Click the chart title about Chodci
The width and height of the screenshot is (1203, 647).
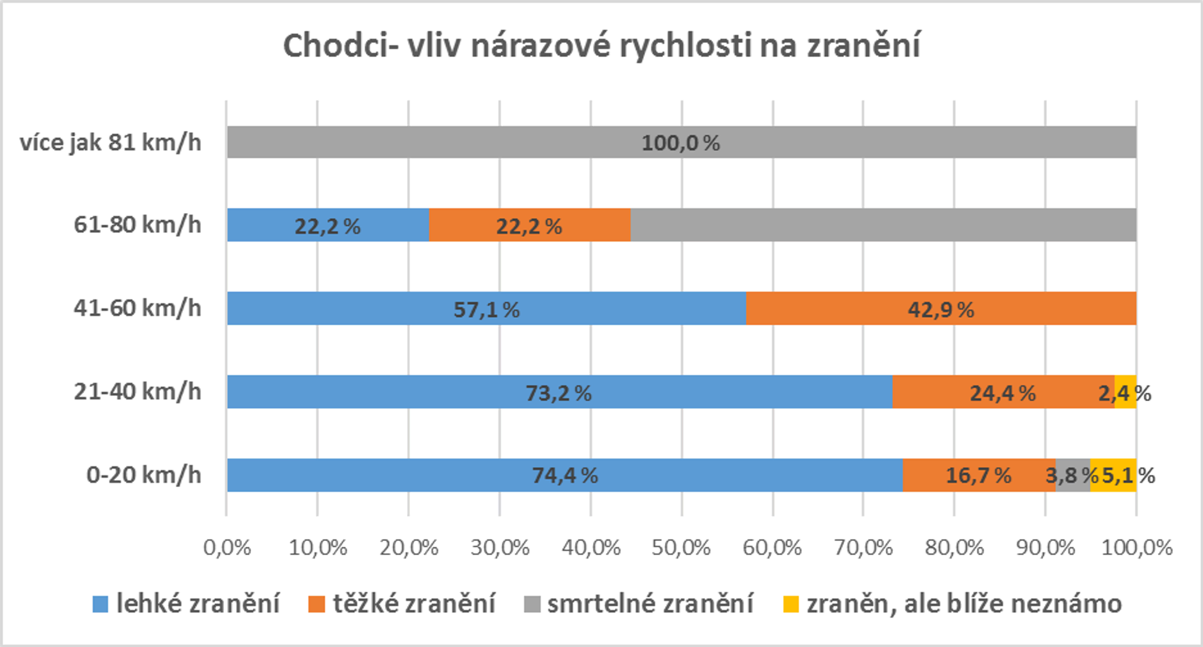[x=601, y=46]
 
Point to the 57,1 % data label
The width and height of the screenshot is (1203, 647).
[x=486, y=310]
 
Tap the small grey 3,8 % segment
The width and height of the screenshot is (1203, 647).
[x=1073, y=475]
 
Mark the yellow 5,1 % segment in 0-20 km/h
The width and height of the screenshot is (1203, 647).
[x=1113, y=475]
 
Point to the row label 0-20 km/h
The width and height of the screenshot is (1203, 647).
[x=144, y=475]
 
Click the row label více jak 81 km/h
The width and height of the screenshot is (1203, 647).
[x=111, y=142]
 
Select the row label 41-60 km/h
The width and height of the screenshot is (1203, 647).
[x=137, y=308]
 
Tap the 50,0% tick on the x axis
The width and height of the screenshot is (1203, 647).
[x=681, y=548]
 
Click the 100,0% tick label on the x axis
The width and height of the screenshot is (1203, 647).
[x=1136, y=548]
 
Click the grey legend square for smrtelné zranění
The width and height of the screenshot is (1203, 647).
[x=532, y=604]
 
